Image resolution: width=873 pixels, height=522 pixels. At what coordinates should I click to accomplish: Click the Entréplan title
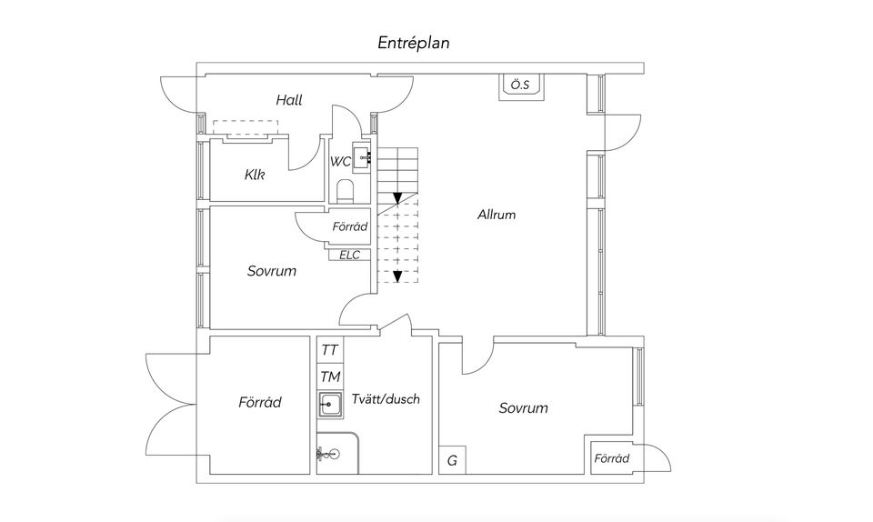click(x=413, y=44)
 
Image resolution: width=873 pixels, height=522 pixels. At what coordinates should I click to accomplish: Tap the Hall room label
click(x=289, y=100)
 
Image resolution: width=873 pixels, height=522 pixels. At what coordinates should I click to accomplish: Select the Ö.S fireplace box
click(x=521, y=86)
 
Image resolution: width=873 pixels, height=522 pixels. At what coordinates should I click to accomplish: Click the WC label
click(x=341, y=162)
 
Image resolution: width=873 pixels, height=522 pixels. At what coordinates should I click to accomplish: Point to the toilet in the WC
click(x=346, y=191)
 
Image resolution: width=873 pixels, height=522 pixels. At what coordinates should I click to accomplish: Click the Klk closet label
click(x=255, y=175)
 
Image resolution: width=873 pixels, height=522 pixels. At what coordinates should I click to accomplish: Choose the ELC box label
click(x=349, y=255)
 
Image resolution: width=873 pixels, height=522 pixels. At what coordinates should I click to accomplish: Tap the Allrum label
click(x=497, y=215)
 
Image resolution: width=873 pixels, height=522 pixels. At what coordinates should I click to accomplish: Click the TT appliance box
click(x=330, y=349)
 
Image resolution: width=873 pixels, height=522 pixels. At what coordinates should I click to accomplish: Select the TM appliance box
click(x=330, y=376)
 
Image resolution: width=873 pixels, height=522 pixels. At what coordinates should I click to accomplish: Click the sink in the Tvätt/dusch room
click(x=330, y=404)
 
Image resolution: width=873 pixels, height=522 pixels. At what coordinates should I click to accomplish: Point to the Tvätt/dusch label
click(x=386, y=399)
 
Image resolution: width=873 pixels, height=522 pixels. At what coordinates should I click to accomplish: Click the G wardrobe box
click(x=452, y=460)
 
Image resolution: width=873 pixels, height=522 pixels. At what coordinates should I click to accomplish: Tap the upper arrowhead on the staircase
click(x=397, y=197)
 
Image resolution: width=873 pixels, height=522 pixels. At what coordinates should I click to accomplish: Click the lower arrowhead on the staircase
click(x=397, y=276)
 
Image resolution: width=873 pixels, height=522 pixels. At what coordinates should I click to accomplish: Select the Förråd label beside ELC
click(x=349, y=226)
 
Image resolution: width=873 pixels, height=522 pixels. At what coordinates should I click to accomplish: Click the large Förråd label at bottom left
click(x=260, y=402)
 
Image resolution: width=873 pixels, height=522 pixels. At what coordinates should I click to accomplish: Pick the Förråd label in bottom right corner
click(x=611, y=458)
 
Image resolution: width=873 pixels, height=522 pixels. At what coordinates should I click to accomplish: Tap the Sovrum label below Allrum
click(x=524, y=408)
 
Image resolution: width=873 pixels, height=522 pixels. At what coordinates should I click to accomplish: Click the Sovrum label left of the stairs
click(x=272, y=271)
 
